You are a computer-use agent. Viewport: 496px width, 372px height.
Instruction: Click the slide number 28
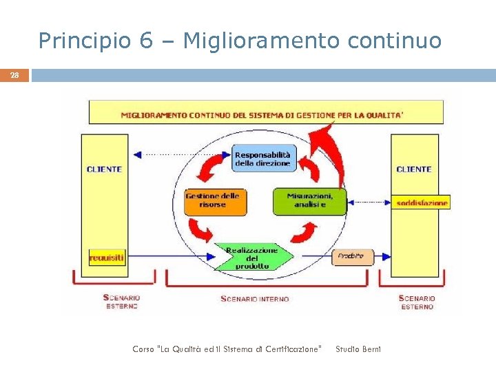14,76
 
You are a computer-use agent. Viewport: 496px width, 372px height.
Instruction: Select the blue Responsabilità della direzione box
262,158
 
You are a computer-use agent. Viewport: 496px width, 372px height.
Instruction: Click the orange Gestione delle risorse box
211,200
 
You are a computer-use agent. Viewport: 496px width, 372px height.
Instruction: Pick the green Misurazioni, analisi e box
309,200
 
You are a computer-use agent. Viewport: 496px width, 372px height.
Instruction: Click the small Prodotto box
351,257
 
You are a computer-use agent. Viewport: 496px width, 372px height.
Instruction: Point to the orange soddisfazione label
422,203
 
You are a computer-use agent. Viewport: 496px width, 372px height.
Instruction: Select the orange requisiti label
107,258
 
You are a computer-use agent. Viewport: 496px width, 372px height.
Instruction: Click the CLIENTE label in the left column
104,169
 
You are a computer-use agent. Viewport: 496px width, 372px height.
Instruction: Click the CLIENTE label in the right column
414,169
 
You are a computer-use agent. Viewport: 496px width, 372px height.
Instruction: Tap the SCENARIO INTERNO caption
254,299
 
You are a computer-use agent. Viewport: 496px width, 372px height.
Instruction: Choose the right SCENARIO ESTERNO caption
417,302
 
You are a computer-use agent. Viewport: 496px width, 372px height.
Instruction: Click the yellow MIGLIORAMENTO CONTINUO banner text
262,115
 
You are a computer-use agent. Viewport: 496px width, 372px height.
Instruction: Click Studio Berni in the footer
358,349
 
